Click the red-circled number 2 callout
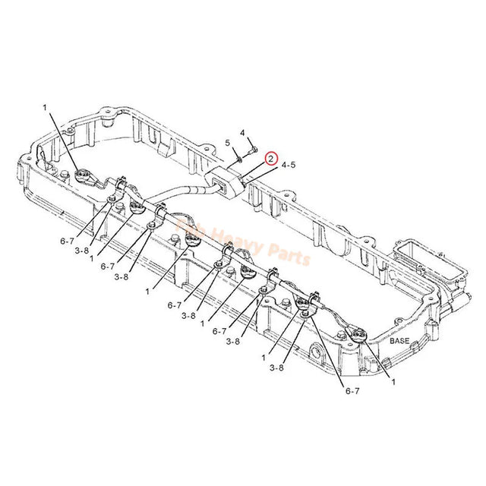point(270,158)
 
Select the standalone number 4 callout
point(242,134)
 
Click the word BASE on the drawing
point(399,342)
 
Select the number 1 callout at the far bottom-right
point(393,384)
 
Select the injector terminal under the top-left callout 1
point(81,178)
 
